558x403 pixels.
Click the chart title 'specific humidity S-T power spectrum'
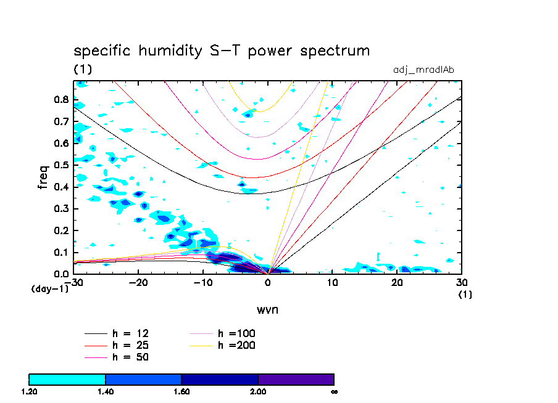point(222,51)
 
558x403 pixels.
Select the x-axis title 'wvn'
point(267,309)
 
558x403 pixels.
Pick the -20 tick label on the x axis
point(138,283)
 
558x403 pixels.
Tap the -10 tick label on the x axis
point(202,283)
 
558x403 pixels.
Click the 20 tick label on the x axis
point(397,283)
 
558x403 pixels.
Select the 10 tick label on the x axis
point(332,283)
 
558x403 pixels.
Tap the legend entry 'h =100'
point(236,333)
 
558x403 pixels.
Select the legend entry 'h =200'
point(236,345)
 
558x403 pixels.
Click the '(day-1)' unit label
point(49,288)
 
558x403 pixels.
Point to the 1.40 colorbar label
point(106,391)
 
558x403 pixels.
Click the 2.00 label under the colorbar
point(258,391)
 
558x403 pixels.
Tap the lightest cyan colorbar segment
point(67,379)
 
